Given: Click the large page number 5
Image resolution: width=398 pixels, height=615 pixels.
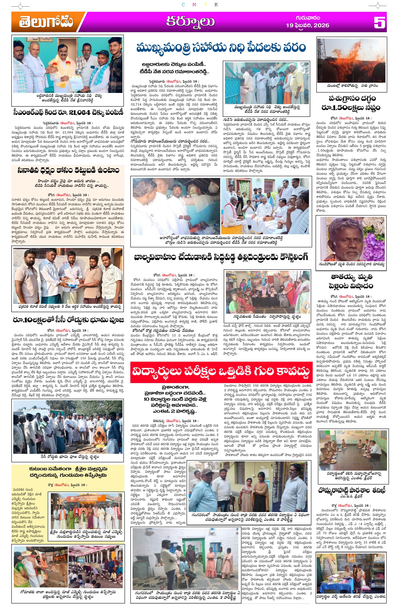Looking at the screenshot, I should point(379,23).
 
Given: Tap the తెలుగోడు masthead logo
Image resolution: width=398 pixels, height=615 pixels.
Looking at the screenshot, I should point(46,22).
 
